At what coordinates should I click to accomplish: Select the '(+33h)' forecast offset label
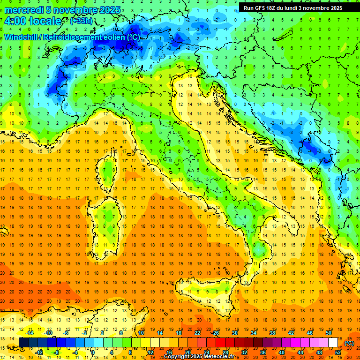pos(81,21)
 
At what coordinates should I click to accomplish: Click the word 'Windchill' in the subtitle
pos(22,37)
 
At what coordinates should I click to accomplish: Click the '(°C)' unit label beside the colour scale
pos(349,344)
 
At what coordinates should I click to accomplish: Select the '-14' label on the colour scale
pos(30,333)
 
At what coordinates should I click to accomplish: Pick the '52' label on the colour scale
pos(338,352)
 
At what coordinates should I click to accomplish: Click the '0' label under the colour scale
pos(93,352)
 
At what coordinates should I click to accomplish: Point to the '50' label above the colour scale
pos(329,333)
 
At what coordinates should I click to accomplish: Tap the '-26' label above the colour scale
pos(216,333)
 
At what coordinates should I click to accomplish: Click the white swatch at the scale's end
pos(333,343)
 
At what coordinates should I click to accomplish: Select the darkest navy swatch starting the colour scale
pos(23,343)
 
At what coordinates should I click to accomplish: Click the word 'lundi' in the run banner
pos(290,8)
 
